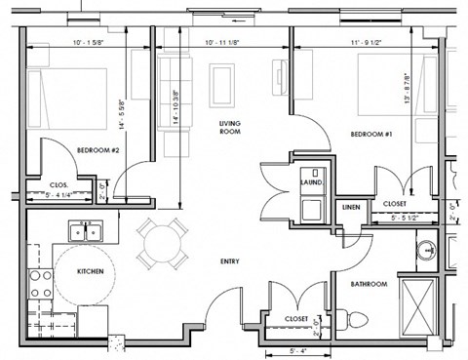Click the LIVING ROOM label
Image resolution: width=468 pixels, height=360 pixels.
[x=230, y=127]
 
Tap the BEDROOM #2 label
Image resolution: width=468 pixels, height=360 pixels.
[x=97, y=149]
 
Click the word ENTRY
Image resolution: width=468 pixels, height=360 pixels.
[x=230, y=260]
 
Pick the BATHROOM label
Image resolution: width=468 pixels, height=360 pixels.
[x=370, y=284]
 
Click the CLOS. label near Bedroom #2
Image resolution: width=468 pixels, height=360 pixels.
[x=58, y=184]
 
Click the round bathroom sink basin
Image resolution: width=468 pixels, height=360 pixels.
[x=425, y=253]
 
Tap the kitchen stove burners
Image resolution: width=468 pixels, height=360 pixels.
[x=42, y=283]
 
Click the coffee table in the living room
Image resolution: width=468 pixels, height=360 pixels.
[x=222, y=77]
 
